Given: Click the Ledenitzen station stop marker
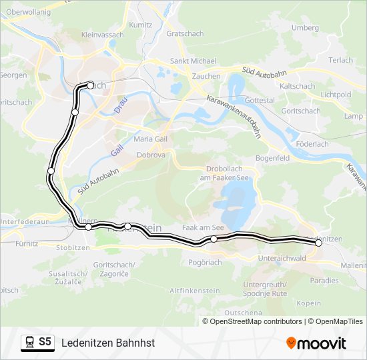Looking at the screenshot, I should (318, 243).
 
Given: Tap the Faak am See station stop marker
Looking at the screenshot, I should (214, 239).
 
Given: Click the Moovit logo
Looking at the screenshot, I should (316, 343).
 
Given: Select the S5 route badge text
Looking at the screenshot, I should (45, 342).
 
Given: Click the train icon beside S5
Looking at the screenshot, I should (29, 343).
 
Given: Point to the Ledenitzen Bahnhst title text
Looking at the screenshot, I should (108, 343).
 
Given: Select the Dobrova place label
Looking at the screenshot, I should (149, 155).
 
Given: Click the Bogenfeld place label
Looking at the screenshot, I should (272, 159).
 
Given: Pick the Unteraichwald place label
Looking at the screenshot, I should (281, 258).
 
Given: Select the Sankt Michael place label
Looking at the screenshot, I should (193, 61).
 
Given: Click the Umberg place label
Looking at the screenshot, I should (306, 27).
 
